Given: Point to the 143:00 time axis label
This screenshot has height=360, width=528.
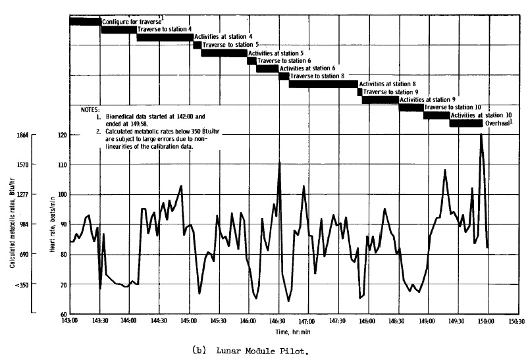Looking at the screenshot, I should coord(70,321).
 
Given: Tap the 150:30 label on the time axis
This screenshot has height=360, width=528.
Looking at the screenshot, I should coord(515,321).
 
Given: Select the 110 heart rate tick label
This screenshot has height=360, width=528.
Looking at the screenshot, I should coord(62,165).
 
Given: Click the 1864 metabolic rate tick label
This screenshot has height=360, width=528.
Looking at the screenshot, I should coord(21,135).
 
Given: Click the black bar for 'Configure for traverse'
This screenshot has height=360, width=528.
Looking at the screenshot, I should coord(85,22).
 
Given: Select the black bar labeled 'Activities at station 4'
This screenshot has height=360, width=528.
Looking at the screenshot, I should coord(165,37).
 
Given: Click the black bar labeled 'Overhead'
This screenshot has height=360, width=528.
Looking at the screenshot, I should coord(465,123).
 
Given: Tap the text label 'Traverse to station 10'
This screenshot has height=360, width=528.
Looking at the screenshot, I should coord(455,107).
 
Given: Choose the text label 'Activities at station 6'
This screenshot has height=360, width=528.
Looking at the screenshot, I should coord(307,68).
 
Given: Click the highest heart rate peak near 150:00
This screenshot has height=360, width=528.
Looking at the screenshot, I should coord(481,134).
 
